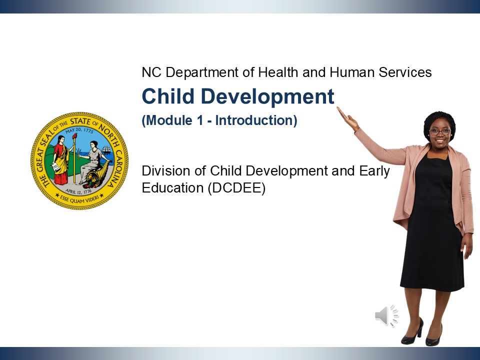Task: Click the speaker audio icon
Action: (x=387, y=315)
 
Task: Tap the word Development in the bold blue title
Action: (x=267, y=96)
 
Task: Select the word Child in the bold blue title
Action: (x=168, y=96)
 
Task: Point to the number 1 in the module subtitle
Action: (x=200, y=120)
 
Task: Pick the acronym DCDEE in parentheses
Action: (x=236, y=187)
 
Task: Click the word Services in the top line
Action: (x=405, y=72)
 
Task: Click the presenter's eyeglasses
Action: (x=440, y=132)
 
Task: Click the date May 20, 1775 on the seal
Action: (x=79, y=130)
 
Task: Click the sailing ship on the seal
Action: (x=106, y=150)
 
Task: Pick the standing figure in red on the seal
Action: (x=61, y=160)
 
